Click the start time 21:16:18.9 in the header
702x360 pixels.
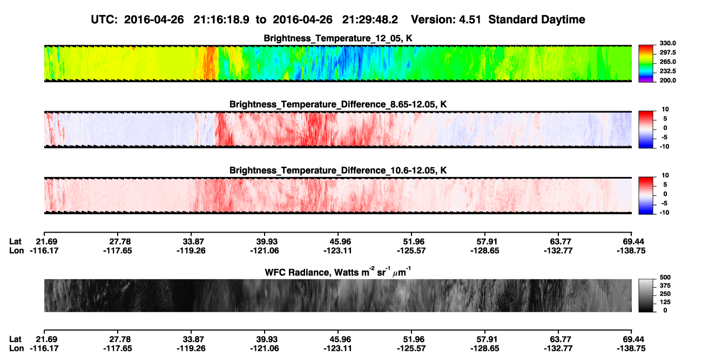click(x=221, y=19)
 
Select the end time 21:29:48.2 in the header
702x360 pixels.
click(x=370, y=19)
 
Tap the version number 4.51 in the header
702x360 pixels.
click(x=470, y=19)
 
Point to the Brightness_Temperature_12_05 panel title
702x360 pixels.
click(x=338, y=38)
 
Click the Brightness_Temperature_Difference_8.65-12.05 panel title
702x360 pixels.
click(x=338, y=104)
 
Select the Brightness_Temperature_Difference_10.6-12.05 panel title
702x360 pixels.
click(x=338, y=171)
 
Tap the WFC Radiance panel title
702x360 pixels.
click(x=338, y=272)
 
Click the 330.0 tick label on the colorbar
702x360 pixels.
click(x=667, y=43)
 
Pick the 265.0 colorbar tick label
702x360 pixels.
click(x=667, y=62)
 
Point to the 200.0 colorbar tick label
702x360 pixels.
click(x=667, y=80)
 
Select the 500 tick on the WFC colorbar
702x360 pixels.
click(x=665, y=277)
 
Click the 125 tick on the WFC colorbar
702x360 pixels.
click(x=665, y=302)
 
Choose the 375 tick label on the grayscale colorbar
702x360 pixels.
click(x=665, y=286)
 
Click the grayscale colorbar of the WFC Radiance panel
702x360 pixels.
click(x=646, y=295)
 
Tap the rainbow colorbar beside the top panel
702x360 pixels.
click(x=646, y=64)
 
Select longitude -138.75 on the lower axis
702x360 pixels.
click(x=631, y=349)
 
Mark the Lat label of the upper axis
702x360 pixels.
click(x=15, y=242)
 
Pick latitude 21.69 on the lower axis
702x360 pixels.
click(x=46, y=339)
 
